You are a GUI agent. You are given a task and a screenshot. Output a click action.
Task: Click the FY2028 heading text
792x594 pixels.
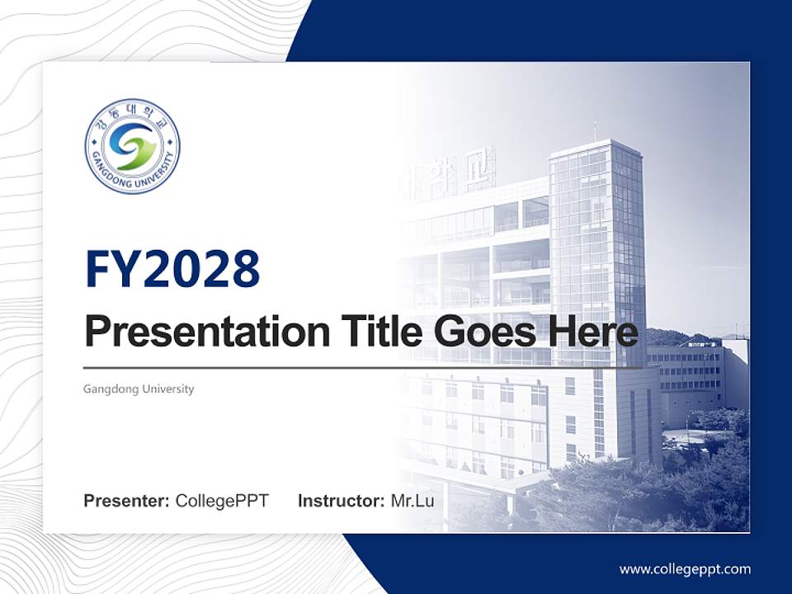(x=172, y=269)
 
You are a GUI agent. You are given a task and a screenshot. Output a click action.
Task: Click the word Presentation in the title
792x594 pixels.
(x=207, y=332)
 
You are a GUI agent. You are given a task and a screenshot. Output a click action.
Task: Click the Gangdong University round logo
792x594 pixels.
(x=132, y=146)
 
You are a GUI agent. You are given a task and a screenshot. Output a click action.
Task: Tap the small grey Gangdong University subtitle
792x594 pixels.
(x=139, y=389)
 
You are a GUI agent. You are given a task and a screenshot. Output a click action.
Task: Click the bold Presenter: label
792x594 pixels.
(x=126, y=501)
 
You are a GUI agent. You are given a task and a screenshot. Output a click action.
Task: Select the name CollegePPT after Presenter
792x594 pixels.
(x=222, y=501)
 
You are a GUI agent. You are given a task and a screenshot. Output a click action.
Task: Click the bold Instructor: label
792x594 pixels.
(x=342, y=501)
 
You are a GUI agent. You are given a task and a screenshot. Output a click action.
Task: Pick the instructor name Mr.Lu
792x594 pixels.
(x=412, y=501)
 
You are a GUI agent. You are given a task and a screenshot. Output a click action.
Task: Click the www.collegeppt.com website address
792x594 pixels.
(x=685, y=570)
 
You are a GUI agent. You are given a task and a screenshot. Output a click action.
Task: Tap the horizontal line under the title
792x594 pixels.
(x=363, y=368)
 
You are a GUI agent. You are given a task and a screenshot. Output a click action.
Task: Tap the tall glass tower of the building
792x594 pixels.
(x=597, y=252)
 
